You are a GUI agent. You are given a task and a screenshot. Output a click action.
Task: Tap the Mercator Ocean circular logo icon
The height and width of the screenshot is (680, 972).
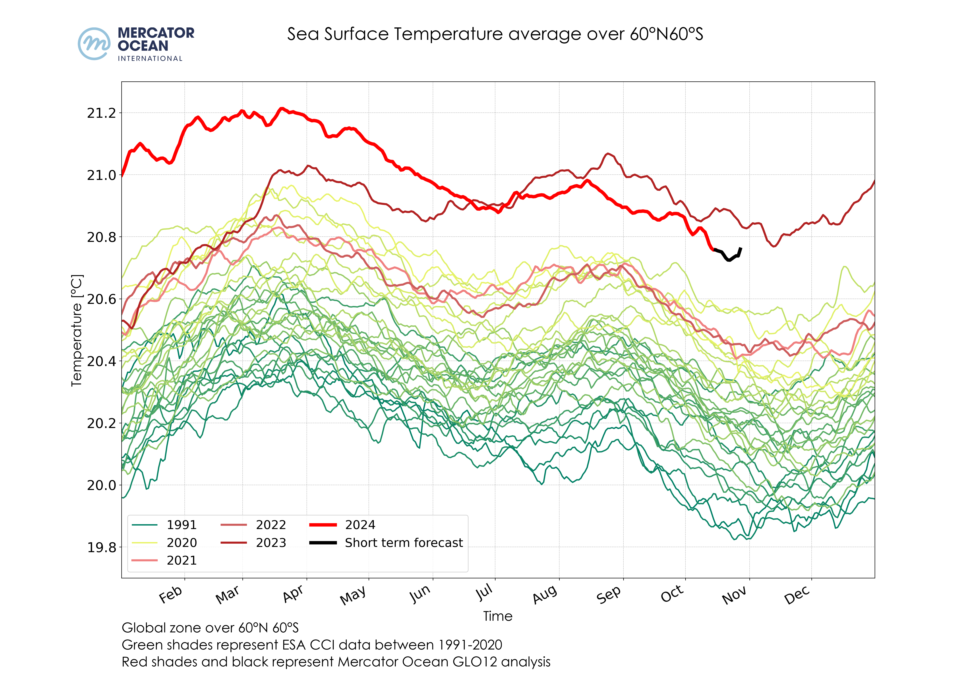94,44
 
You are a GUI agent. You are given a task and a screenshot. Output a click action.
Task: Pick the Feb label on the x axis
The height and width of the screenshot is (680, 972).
171,595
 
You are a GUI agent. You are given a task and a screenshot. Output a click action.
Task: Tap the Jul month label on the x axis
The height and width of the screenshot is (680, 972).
485,592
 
